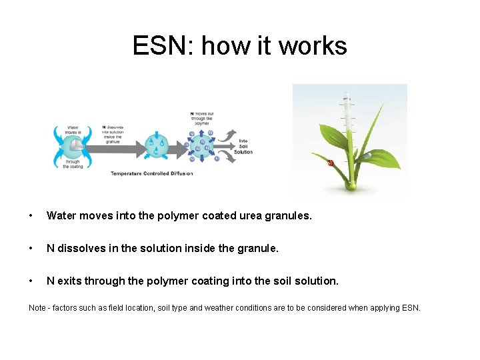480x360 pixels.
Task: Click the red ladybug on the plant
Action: pos(331,162)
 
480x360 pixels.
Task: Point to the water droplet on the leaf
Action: pos(367,155)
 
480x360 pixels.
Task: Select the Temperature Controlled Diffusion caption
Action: pos(151,173)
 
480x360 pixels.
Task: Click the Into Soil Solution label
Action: pos(243,146)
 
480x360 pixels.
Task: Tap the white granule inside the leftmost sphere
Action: pos(77,144)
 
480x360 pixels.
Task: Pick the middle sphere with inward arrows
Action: pos(156,143)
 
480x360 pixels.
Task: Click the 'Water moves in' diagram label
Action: pos(73,129)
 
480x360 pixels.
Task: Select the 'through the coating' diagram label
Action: pos(72,164)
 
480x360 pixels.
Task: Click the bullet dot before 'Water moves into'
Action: pos(31,216)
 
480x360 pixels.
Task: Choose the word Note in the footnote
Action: pos(37,307)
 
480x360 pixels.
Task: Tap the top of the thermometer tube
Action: pos(345,94)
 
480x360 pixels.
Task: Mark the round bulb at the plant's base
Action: pos(351,187)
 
